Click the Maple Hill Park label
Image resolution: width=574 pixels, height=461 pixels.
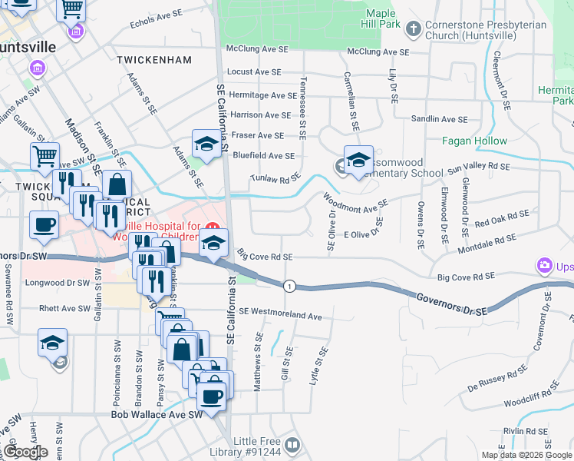380,19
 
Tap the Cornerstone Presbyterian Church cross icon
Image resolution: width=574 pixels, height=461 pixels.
413,30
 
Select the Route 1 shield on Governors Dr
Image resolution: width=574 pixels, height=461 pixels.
289,286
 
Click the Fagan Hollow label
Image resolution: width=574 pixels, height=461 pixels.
474,141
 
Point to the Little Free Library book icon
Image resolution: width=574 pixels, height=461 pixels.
292,445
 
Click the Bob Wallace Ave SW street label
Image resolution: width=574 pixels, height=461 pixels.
156,414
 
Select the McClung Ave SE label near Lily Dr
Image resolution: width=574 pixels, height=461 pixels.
378,52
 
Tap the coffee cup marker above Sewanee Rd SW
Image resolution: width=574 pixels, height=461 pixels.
43,225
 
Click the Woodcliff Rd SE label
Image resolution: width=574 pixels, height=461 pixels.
537,401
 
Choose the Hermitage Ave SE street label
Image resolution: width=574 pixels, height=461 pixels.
262,95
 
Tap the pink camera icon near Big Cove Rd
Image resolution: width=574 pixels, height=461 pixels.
544,266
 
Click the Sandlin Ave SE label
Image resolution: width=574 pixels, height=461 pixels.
439,119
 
